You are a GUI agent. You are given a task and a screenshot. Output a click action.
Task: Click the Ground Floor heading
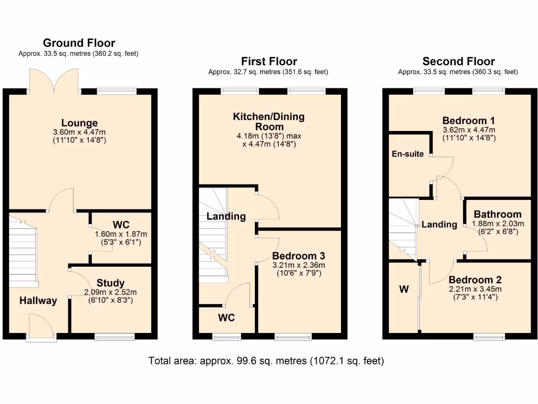[x=79, y=43]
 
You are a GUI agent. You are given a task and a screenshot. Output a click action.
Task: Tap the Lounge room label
[x=79, y=123]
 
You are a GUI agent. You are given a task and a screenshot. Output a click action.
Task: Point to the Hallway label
[x=38, y=301]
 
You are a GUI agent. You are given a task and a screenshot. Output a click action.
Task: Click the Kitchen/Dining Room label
[x=269, y=122]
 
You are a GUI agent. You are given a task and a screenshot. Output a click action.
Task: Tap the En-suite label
[x=408, y=154]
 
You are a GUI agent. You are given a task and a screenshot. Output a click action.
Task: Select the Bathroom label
[x=498, y=214]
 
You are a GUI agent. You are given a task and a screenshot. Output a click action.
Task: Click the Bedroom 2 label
[x=475, y=280]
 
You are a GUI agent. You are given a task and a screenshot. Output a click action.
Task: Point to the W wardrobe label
[x=403, y=289]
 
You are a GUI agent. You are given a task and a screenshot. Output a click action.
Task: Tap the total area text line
[x=266, y=361]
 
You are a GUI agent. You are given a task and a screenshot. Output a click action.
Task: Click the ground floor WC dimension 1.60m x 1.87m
[x=121, y=235]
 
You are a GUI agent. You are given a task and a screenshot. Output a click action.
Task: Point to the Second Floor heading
[x=458, y=62]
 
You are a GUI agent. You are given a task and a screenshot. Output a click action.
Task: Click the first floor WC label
[x=226, y=318]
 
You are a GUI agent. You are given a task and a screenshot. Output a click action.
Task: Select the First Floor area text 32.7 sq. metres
[x=268, y=72]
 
